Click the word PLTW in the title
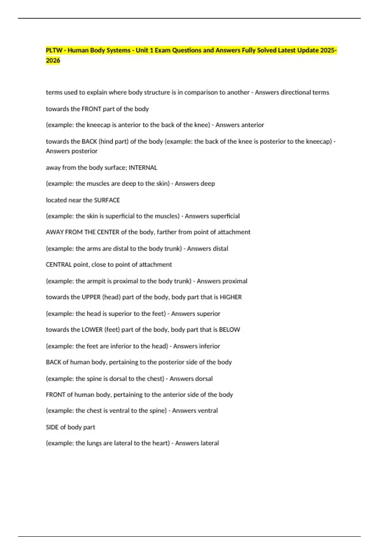click(54, 50)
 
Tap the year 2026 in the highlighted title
click(53, 60)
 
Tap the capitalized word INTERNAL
click(143, 167)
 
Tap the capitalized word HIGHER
click(231, 297)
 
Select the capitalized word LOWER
click(92, 329)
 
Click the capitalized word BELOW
click(229, 329)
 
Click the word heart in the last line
click(160, 443)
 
